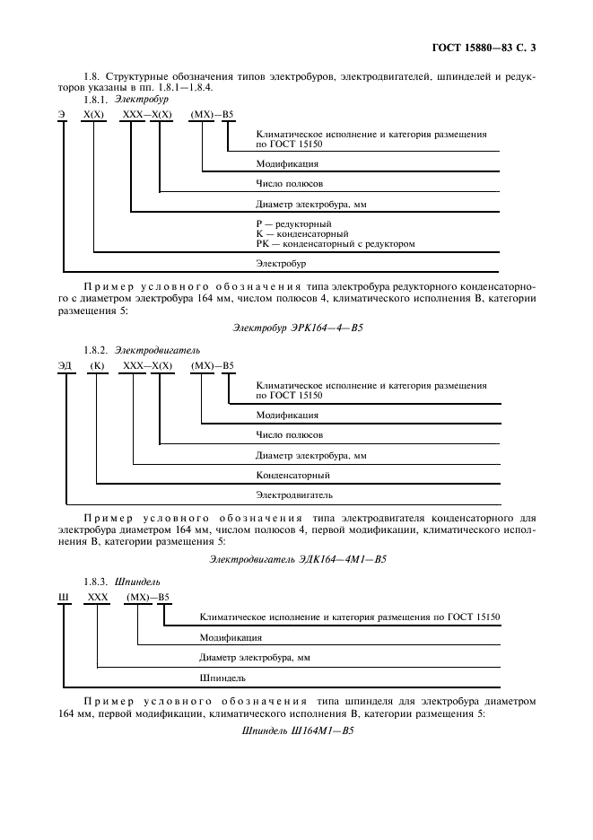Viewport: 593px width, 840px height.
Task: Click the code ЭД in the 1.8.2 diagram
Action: click(x=65, y=364)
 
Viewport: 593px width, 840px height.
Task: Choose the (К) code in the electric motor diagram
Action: click(x=98, y=364)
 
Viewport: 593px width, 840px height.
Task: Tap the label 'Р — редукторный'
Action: click(x=293, y=223)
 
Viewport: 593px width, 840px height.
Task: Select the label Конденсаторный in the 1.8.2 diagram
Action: click(x=292, y=474)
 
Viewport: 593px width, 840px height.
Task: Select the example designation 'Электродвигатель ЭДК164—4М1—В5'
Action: click(x=297, y=558)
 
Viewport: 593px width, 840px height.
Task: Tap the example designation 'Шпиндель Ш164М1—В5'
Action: click(x=297, y=731)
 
